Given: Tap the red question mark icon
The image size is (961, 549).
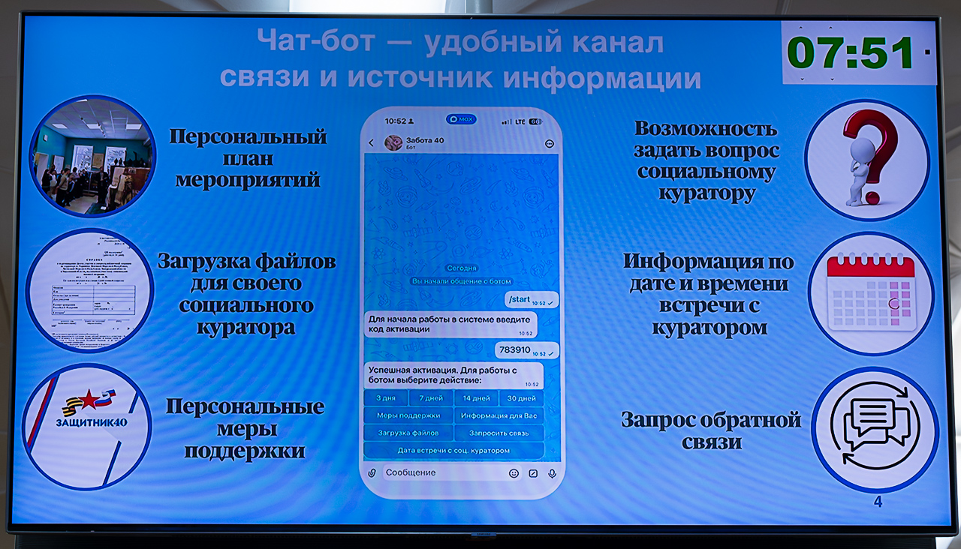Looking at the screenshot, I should click(869, 159).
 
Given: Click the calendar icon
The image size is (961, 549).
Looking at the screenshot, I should click(871, 293).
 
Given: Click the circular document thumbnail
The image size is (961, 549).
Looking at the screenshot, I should click(90, 289).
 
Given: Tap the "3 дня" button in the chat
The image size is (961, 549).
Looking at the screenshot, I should click(386, 398).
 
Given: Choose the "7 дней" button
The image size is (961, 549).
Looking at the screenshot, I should click(431, 398).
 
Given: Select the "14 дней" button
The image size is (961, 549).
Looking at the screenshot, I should click(476, 398).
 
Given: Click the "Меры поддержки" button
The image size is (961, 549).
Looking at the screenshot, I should click(408, 415).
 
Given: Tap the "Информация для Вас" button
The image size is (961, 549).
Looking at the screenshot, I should click(499, 415).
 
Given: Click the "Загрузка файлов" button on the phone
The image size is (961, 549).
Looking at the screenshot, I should click(408, 433).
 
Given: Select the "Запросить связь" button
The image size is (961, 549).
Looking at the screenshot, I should click(499, 433).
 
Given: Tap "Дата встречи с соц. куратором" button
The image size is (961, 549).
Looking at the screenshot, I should click(453, 450).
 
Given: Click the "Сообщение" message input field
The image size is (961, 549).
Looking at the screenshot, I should click(443, 472).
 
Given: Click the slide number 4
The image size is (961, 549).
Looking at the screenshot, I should click(878, 502).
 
